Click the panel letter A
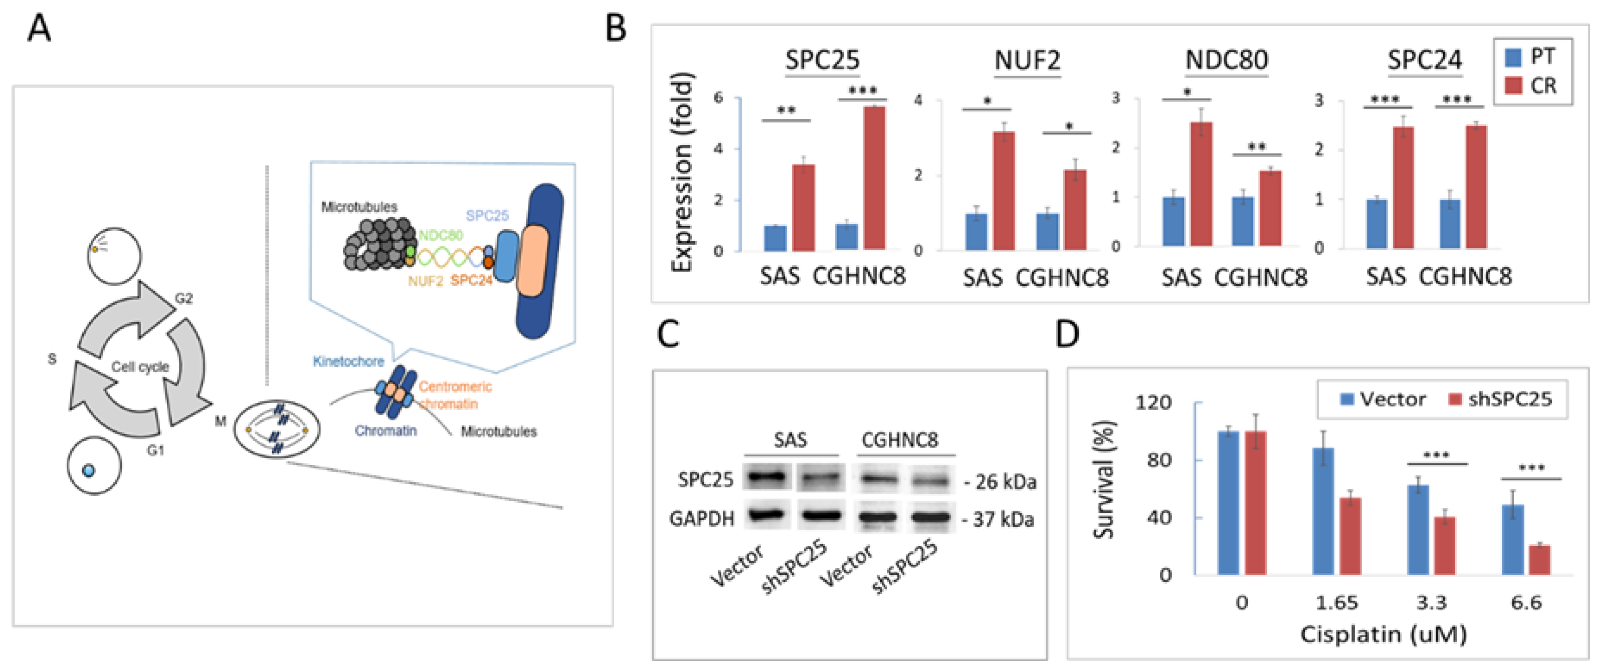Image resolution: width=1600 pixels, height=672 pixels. point(39,29)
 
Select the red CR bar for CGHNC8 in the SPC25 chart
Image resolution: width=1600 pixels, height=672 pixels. point(874,178)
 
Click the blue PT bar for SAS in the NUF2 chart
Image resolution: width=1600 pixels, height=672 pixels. point(976,232)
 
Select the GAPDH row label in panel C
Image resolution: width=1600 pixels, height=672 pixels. point(702,518)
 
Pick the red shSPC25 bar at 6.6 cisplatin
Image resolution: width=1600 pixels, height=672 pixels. point(1540,560)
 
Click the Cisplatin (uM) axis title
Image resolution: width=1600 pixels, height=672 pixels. point(1383,634)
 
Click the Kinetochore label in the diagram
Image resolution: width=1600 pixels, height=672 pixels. point(349,361)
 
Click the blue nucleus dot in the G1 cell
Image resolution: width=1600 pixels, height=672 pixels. point(88,471)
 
